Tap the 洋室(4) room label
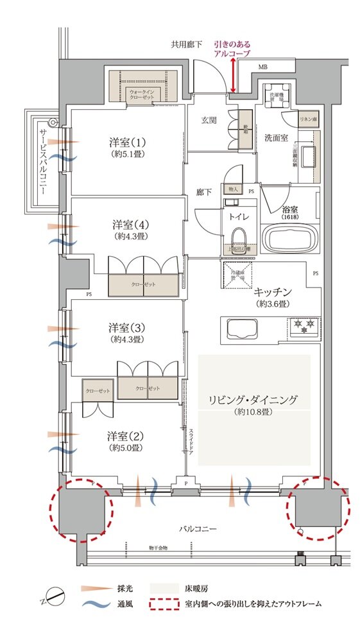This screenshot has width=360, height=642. click(127, 230)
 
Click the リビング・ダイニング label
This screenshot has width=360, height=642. click(253, 400)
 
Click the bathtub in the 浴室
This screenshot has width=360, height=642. click(290, 240)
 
